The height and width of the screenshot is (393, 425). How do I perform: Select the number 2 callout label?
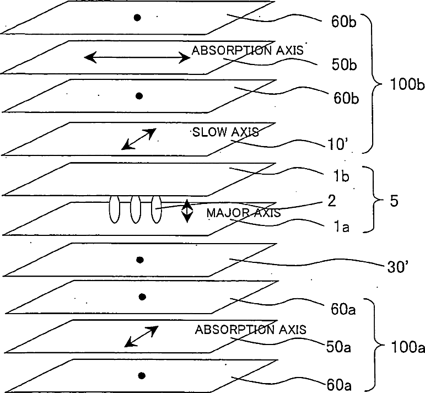click(332, 201)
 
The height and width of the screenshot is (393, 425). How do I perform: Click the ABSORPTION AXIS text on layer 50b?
click(248, 50)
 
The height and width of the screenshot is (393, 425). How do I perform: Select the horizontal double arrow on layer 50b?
click(137, 57)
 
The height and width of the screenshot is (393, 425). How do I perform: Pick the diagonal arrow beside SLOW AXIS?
click(139, 139)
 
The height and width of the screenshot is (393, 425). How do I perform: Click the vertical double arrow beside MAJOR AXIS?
click(187, 211)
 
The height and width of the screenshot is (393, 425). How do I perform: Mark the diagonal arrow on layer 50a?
click(141, 336)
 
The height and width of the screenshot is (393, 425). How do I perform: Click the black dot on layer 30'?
click(140, 260)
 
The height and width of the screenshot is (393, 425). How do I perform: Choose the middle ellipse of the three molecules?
click(135, 209)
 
